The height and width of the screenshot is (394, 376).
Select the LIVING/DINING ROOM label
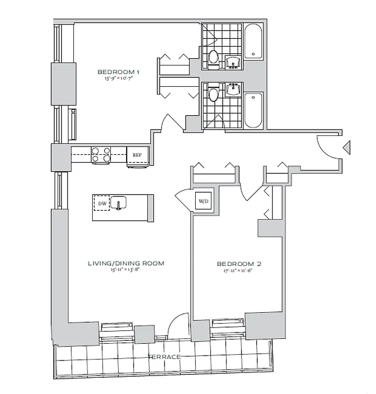[x=126, y=263]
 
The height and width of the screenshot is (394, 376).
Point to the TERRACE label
[x=164, y=357]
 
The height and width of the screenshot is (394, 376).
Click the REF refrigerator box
[x=137, y=155]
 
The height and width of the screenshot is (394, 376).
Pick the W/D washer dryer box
[x=203, y=201]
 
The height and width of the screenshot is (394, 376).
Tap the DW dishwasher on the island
[x=102, y=202]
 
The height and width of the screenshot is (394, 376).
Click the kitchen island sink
[x=119, y=202]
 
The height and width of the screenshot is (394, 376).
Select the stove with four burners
[x=100, y=155]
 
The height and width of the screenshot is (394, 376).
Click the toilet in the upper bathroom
[x=214, y=58]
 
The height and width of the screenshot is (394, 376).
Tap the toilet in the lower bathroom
[x=214, y=94]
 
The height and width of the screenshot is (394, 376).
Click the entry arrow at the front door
[x=346, y=146]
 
